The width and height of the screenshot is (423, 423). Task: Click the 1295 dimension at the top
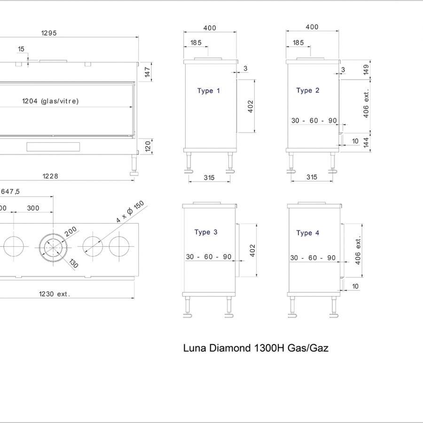(49, 33)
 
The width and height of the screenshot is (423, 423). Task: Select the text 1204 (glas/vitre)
(50, 101)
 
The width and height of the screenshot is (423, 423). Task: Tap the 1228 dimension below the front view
(50, 176)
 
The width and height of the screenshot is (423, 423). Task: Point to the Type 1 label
(209, 91)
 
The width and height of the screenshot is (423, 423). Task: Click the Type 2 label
(308, 90)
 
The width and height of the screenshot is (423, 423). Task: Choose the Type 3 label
(206, 232)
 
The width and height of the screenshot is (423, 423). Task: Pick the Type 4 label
(308, 233)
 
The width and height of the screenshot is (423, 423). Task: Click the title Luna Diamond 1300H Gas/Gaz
(256, 348)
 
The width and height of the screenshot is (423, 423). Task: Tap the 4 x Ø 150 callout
(130, 212)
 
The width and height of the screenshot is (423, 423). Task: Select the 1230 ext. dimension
(55, 294)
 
